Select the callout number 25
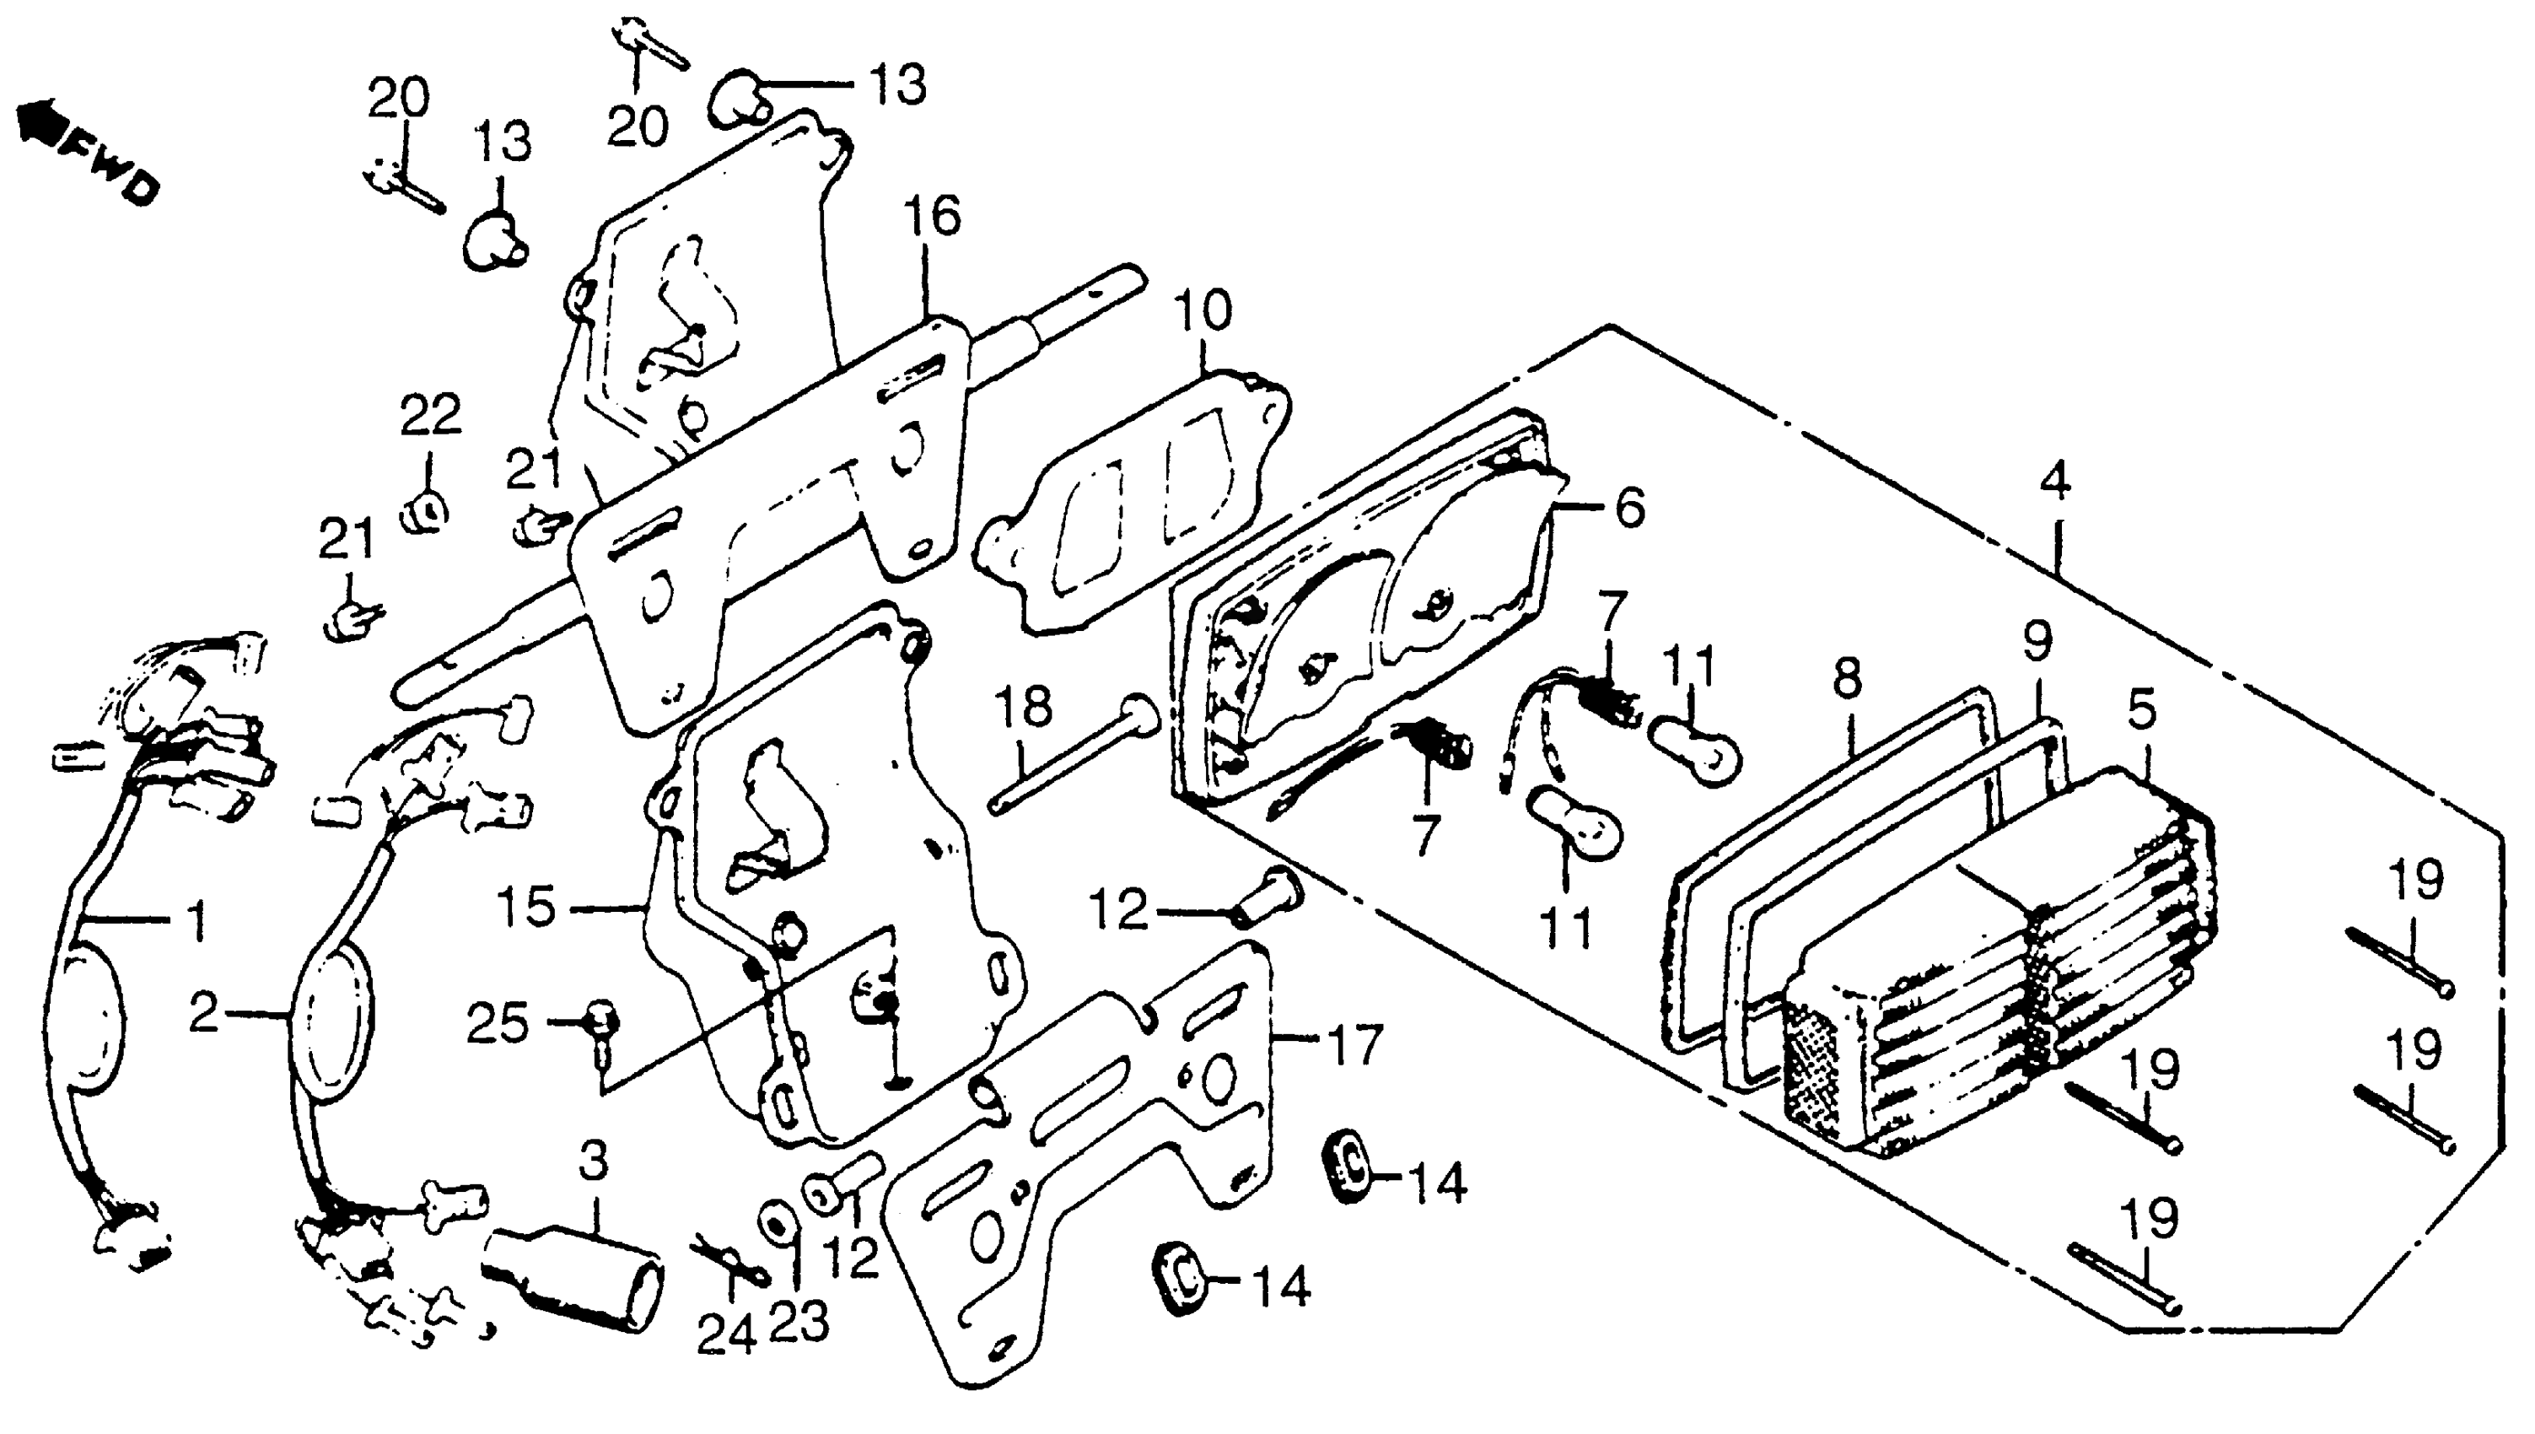tap(498, 1024)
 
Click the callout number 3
tap(594, 1163)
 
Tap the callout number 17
tap(1353, 1044)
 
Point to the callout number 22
tap(430, 415)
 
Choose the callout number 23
tap(799, 1323)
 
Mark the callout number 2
tap(204, 1013)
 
